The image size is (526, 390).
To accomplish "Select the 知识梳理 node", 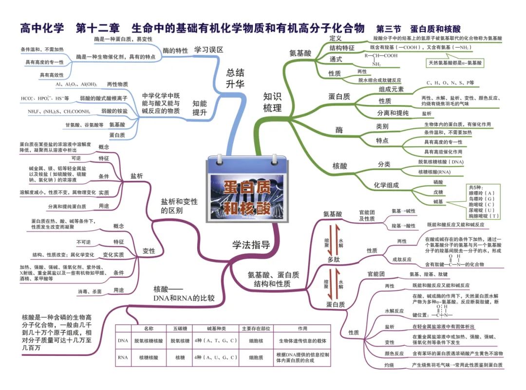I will pyautogui.click(x=273, y=102).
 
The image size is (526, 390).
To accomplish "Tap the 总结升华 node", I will pyautogui.click(x=235, y=78).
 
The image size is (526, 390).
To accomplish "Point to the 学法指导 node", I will pyautogui.click(x=251, y=245).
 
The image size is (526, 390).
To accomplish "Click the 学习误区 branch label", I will pyautogui.click(x=208, y=50).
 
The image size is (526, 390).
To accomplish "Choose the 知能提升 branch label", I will pyautogui.click(x=200, y=108).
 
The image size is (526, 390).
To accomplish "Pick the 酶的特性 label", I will pyautogui.click(x=175, y=51).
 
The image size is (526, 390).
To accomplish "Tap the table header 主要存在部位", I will pyautogui.click(x=256, y=328).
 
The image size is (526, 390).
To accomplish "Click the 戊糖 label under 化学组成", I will pyautogui.click(x=438, y=193).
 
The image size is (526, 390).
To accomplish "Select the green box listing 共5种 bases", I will pyautogui.click(x=484, y=201).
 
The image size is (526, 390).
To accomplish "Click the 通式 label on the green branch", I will pyautogui.click(x=336, y=59).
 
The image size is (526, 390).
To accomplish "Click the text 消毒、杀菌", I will pyautogui.click(x=90, y=291).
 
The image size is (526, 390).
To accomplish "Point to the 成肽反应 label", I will pyautogui.click(x=402, y=259).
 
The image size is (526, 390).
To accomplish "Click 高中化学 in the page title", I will pyautogui.click(x=42, y=28).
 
